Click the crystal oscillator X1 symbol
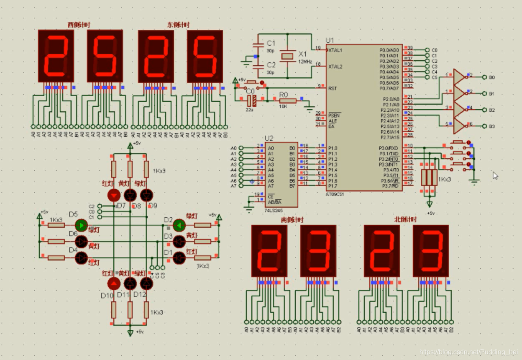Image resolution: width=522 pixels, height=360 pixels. click(287, 56)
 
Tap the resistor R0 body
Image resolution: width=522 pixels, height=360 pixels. click(288, 100)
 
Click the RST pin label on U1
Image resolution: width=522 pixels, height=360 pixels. click(333, 88)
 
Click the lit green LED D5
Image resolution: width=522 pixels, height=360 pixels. click(82, 226)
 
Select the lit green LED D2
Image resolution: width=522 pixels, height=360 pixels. click(179, 225)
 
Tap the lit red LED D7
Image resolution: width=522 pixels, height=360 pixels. click(114, 195)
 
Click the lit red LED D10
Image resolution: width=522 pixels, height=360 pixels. click(113, 284)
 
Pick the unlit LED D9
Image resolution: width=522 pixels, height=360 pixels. click(146, 195)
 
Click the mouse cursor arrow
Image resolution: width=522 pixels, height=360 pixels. click(495, 175)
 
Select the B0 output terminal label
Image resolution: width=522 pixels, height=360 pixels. click(492, 77)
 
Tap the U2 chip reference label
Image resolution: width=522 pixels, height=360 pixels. click(269, 138)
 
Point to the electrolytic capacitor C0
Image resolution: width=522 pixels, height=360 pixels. click(251, 100)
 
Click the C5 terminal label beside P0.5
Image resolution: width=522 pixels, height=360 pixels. click(435, 77)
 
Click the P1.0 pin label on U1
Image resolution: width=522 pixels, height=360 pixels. click(333, 148)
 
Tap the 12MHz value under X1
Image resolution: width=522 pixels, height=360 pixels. click(305, 62)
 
